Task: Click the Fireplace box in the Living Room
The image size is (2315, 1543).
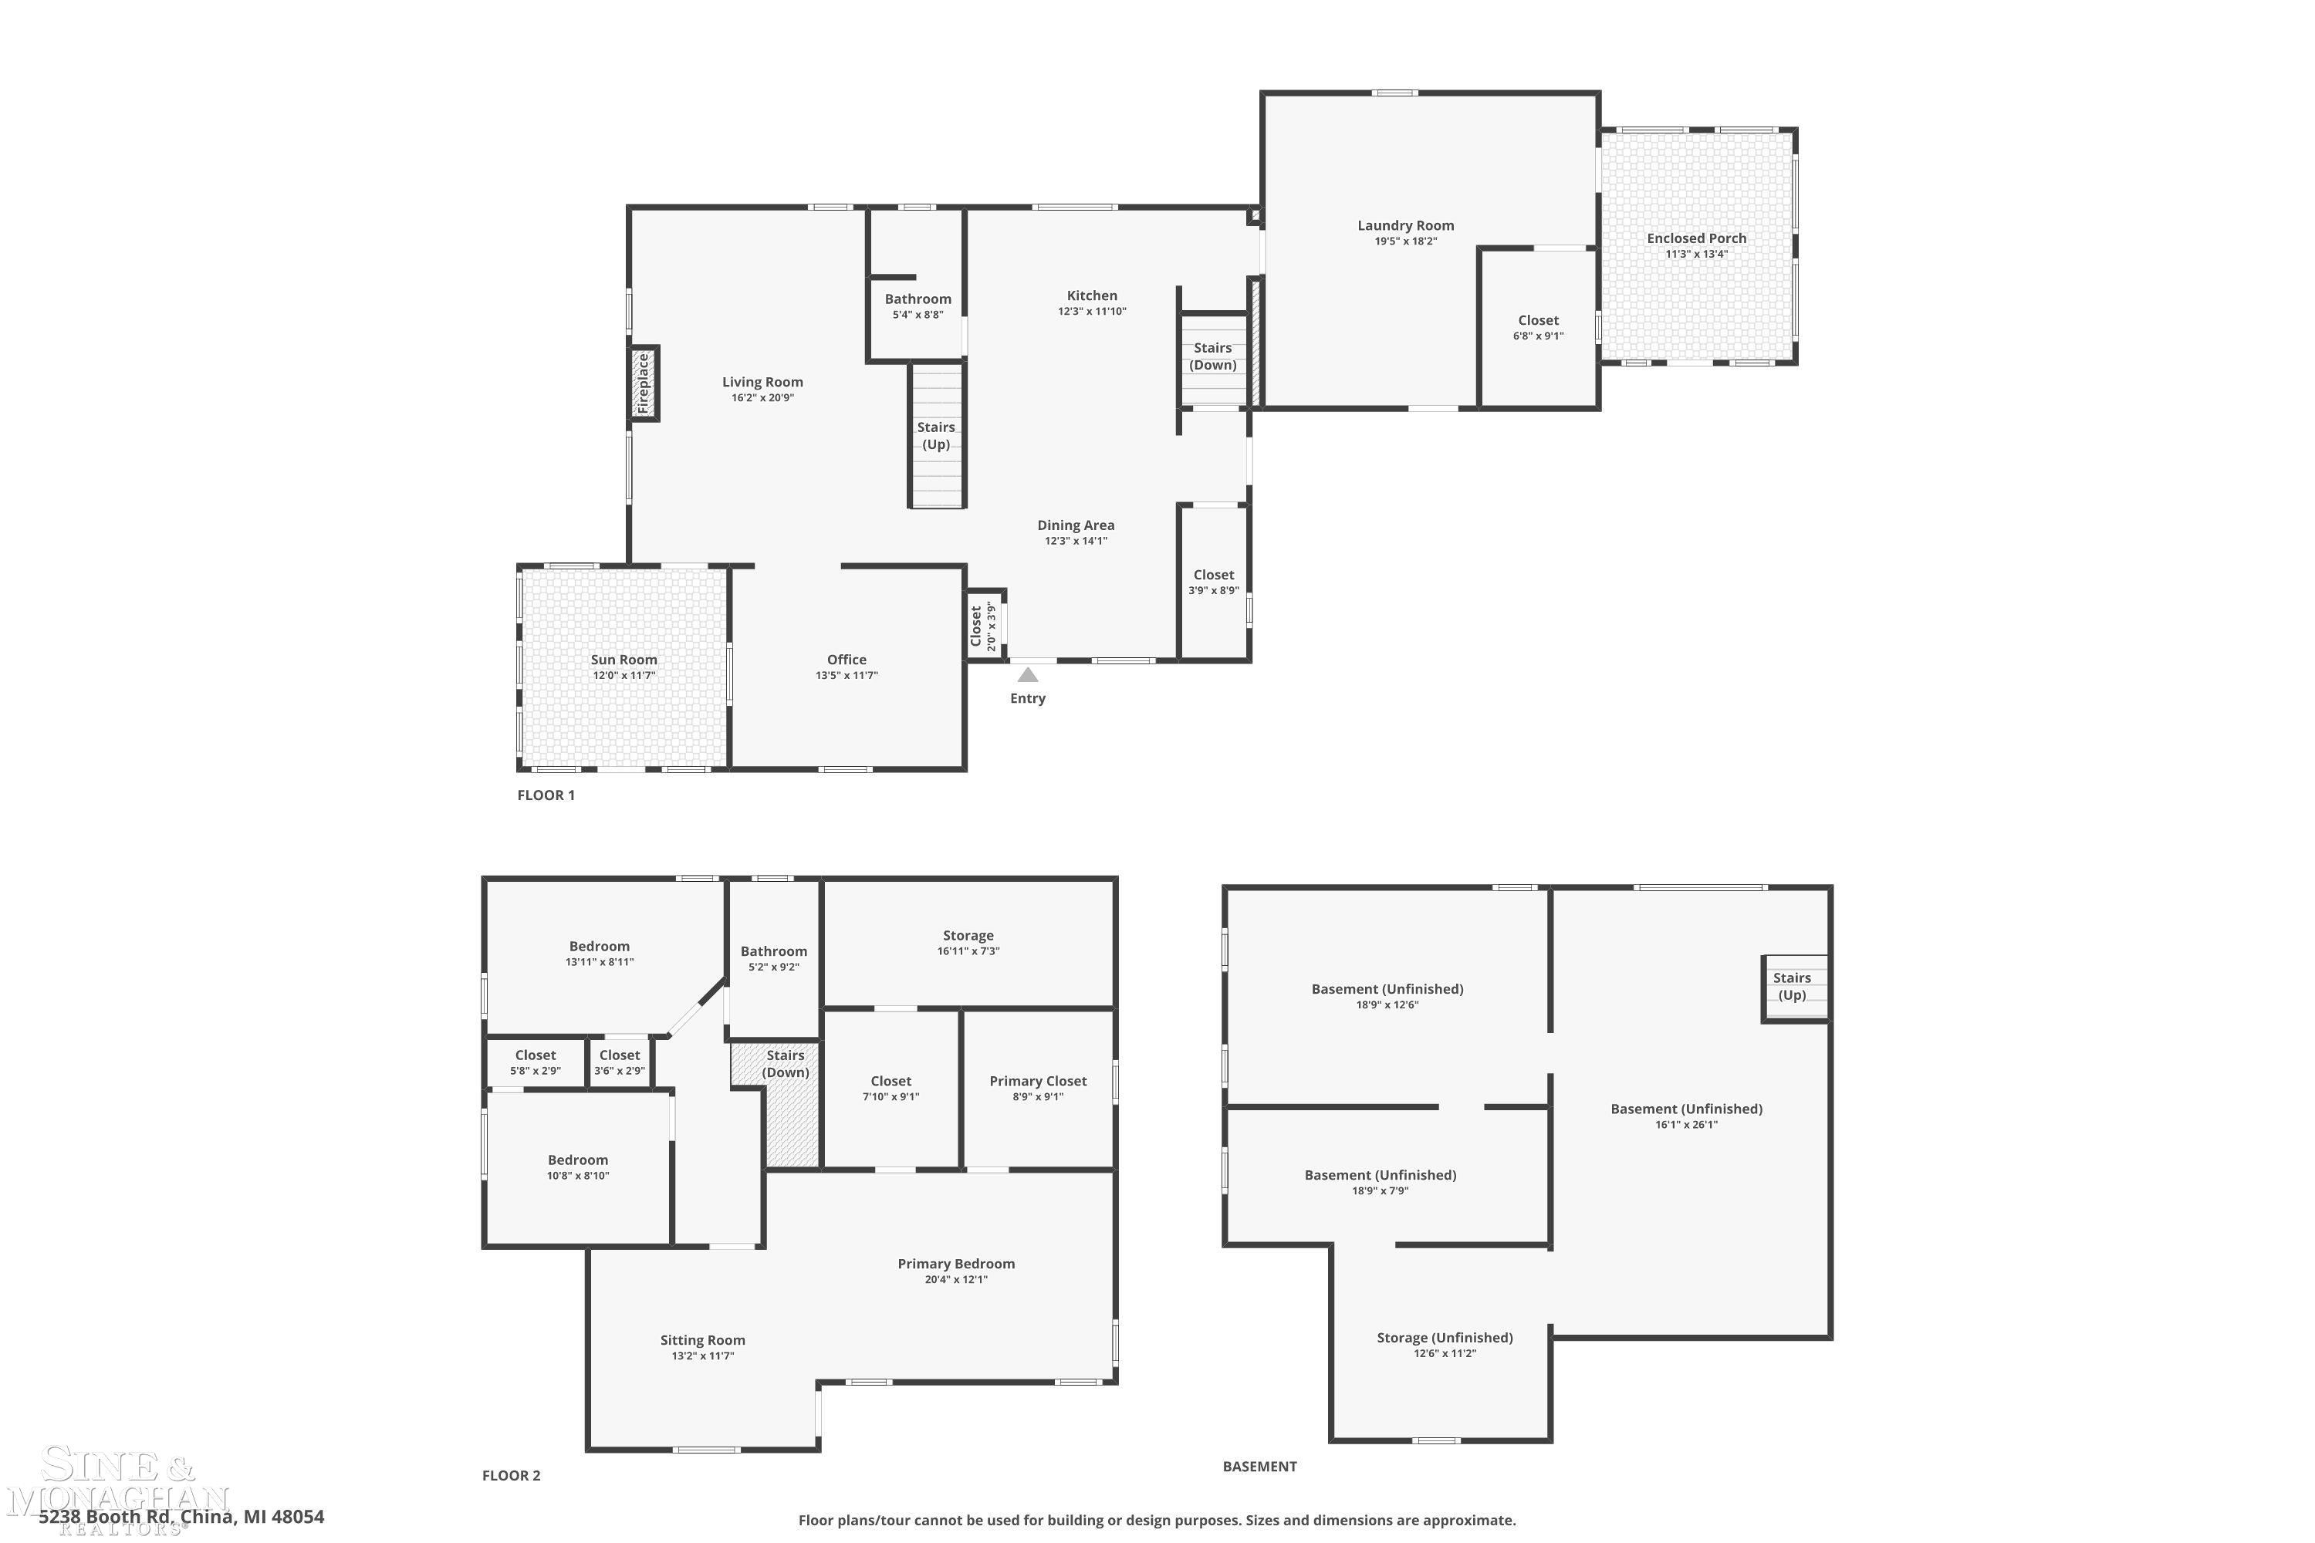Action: [644, 383]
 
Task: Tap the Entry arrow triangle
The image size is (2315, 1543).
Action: [1028, 675]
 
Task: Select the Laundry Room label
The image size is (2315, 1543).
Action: [1405, 225]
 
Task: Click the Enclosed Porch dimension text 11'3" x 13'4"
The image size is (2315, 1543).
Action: [1696, 254]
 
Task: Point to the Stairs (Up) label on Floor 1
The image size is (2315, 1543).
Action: [936, 436]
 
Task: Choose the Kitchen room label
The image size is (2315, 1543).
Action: [1092, 295]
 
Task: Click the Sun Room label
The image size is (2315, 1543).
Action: [624, 660]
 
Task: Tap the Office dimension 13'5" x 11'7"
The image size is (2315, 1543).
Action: [847, 676]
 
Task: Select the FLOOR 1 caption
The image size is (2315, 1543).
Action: [546, 795]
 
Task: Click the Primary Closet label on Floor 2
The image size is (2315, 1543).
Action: [1039, 1082]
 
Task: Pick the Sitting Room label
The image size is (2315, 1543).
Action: [703, 1340]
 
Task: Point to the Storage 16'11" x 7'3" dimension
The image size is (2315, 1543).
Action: [968, 951]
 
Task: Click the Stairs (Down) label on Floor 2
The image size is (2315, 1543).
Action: [786, 1064]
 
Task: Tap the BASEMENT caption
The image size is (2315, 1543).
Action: [1260, 1467]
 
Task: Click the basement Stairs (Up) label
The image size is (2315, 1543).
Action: [1793, 986]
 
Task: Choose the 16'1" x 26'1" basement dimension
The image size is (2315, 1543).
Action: [1686, 1125]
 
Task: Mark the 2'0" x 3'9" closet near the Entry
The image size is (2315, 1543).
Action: [985, 626]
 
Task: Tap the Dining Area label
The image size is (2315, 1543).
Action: [1076, 525]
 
